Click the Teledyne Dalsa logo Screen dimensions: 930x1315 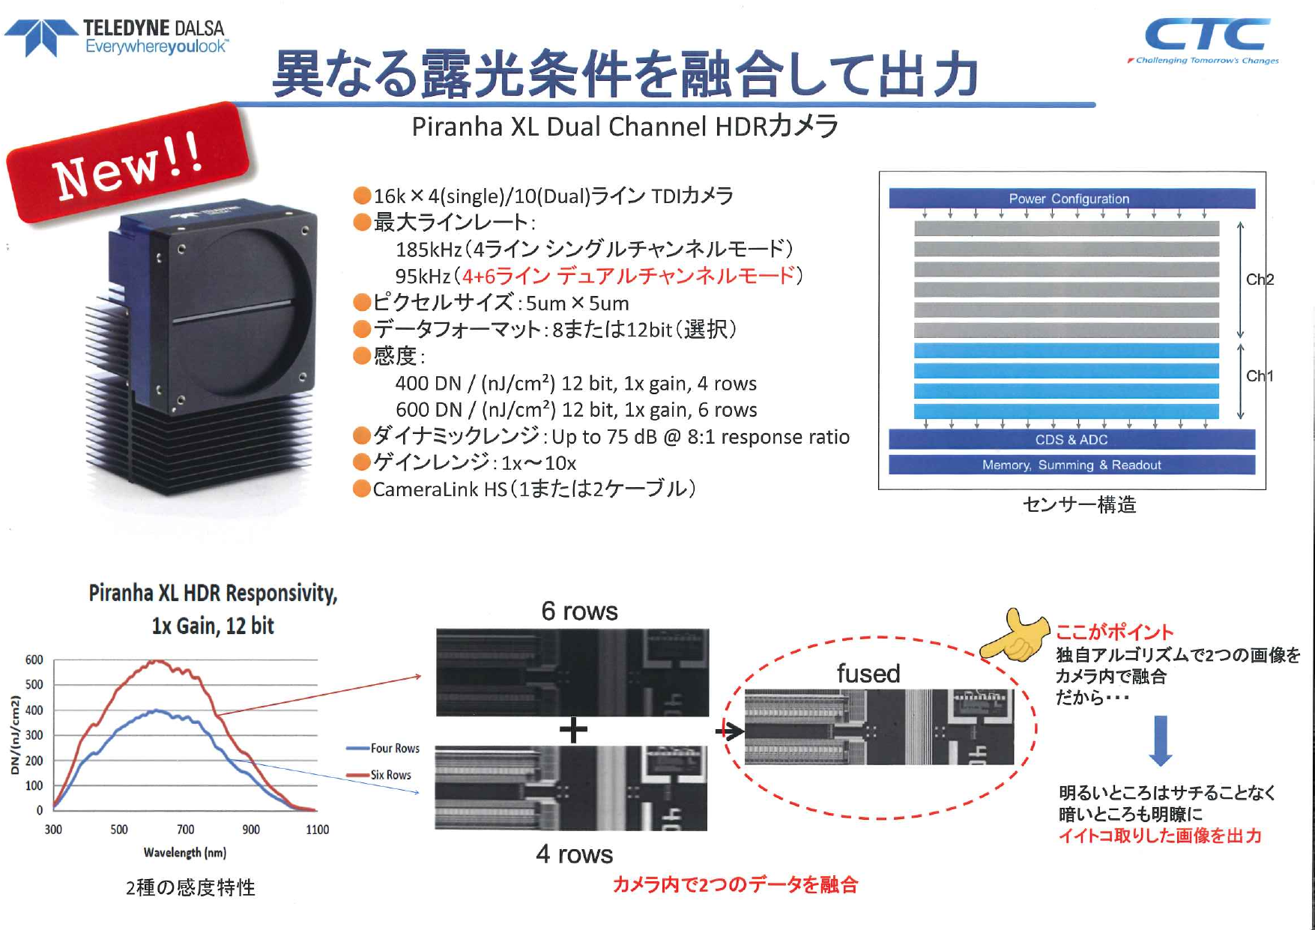(116, 37)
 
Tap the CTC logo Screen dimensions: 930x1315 (1206, 39)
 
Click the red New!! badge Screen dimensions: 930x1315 (127, 163)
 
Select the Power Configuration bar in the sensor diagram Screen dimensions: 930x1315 (1071, 199)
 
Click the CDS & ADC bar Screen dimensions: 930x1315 (1071, 440)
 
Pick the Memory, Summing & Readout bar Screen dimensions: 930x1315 (1071, 465)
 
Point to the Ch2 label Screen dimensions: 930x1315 (1260, 280)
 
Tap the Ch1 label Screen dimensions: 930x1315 (1260, 376)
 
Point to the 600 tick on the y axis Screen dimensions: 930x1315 (34, 660)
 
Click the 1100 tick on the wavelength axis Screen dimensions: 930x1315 (317, 830)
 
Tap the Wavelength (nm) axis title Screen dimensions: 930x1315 (184, 853)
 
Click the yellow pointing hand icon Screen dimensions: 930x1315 (1015, 637)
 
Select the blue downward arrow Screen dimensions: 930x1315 (1160, 740)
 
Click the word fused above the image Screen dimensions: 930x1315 (868, 674)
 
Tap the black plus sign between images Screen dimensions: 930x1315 (573, 729)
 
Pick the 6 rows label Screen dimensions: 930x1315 (579, 612)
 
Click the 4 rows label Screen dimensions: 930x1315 (574, 854)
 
